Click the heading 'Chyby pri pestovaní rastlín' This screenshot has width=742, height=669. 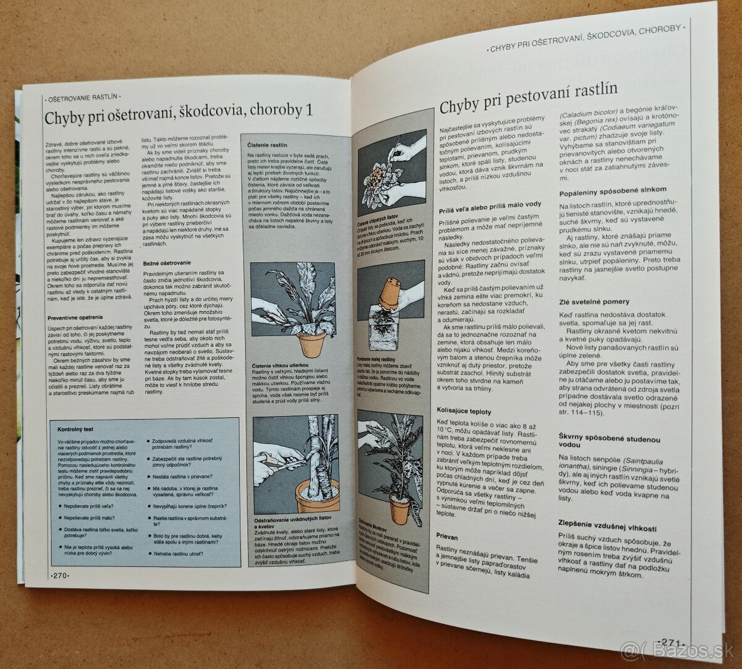click(x=528, y=99)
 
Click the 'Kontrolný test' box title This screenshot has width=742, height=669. click(x=75, y=428)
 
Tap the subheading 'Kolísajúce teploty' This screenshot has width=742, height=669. click(x=464, y=411)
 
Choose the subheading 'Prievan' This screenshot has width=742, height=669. click(x=447, y=537)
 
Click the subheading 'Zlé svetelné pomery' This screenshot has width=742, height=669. click(x=594, y=302)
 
